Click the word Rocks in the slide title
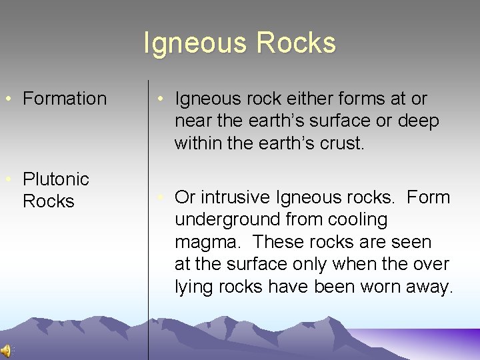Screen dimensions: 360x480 pos(297,43)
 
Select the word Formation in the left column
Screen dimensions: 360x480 pos(65,99)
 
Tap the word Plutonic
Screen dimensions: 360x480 pos(56,179)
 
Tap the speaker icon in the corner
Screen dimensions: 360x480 pos(5,351)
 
